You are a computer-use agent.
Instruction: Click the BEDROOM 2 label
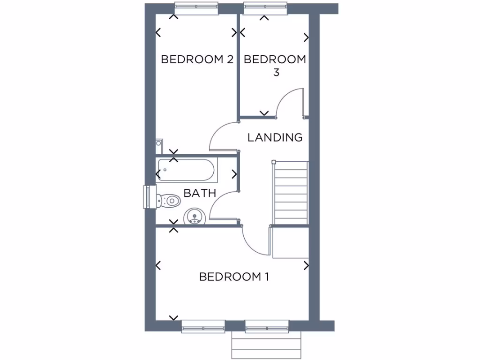[x=197, y=60]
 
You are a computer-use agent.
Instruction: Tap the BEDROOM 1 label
[x=234, y=277]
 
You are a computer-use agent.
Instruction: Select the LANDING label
[x=275, y=137]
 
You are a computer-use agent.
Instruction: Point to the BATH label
[x=200, y=193]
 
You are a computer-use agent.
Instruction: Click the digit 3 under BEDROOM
[x=276, y=73]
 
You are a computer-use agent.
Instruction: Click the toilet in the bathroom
[x=168, y=201]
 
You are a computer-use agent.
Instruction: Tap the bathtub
[x=186, y=170]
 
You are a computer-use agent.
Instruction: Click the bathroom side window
[x=148, y=196]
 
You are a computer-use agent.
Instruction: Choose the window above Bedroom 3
[x=265, y=8]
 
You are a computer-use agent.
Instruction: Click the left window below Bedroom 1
[x=203, y=326]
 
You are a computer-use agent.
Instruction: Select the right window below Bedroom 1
[x=266, y=326]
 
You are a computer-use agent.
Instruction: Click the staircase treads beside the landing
[x=291, y=193]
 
